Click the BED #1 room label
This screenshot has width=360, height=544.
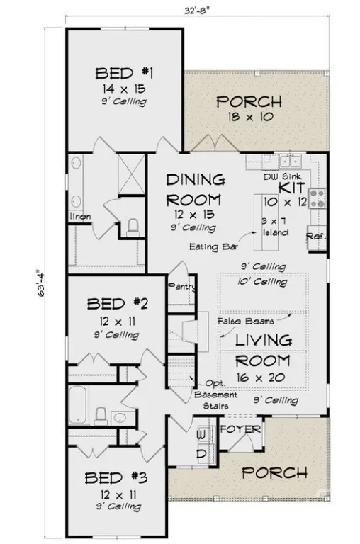[124, 74]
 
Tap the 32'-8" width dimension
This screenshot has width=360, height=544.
[197, 11]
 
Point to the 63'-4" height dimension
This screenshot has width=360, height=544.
[41, 283]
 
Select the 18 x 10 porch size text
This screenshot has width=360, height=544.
[250, 117]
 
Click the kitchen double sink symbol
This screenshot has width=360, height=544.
[290, 161]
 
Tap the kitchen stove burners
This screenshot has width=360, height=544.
[317, 198]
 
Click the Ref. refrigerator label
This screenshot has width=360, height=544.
[316, 237]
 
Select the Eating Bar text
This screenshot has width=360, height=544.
[213, 246]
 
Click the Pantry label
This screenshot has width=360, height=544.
[181, 287]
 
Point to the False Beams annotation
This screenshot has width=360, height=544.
[245, 322]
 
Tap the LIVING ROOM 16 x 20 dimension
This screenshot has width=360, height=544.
[261, 378]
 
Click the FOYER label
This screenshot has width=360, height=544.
[240, 429]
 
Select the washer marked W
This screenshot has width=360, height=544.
[201, 434]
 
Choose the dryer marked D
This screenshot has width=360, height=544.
[202, 454]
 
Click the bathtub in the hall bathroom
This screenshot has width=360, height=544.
[77, 405]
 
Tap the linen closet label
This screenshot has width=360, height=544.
[80, 217]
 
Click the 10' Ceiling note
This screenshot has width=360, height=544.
[262, 282]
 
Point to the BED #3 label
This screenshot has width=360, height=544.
[116, 478]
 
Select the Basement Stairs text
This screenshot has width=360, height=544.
[215, 400]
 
